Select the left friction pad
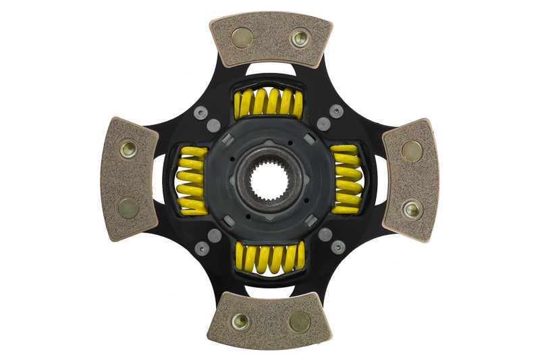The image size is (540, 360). tap(129, 178)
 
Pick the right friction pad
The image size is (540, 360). tap(411, 180)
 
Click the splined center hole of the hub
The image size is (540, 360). tap(270, 180)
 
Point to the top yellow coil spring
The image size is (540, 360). tap(269, 102)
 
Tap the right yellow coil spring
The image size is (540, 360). tap(347, 180)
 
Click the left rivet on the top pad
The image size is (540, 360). tap(241, 37)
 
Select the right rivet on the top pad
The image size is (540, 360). tap(300, 38)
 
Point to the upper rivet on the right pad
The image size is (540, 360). tap(412, 151)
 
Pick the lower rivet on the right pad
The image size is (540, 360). tap(412, 209)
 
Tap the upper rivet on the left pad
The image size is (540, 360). tap(128, 149)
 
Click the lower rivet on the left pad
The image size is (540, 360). tap(128, 209)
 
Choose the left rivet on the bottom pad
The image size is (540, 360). tap(240, 322)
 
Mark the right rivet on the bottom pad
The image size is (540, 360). tap(300, 322)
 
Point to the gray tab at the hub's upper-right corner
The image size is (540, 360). tap(310, 139)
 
